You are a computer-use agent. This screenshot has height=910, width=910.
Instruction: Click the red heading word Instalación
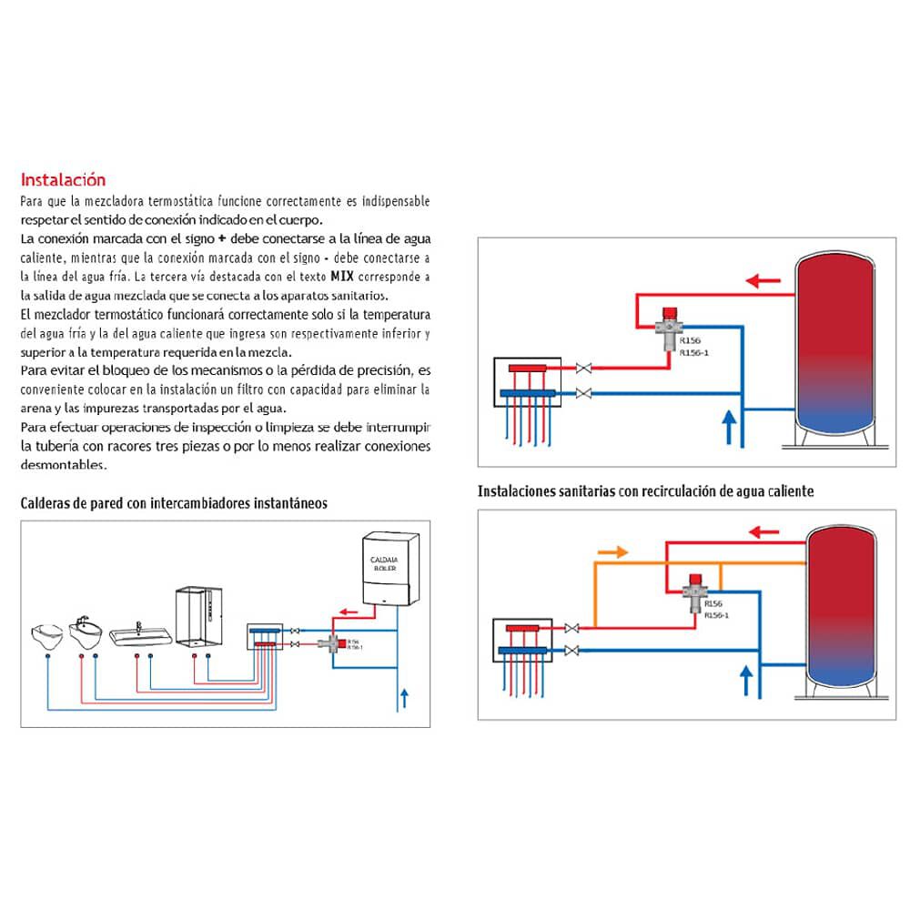pyautogui.click(x=63, y=179)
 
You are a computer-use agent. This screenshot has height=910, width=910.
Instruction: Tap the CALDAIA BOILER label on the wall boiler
pyautogui.click(x=390, y=561)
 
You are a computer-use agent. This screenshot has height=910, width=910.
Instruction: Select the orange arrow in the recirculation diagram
pyautogui.click(x=611, y=551)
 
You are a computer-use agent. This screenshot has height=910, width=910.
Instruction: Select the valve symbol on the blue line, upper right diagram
pyautogui.click(x=585, y=393)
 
